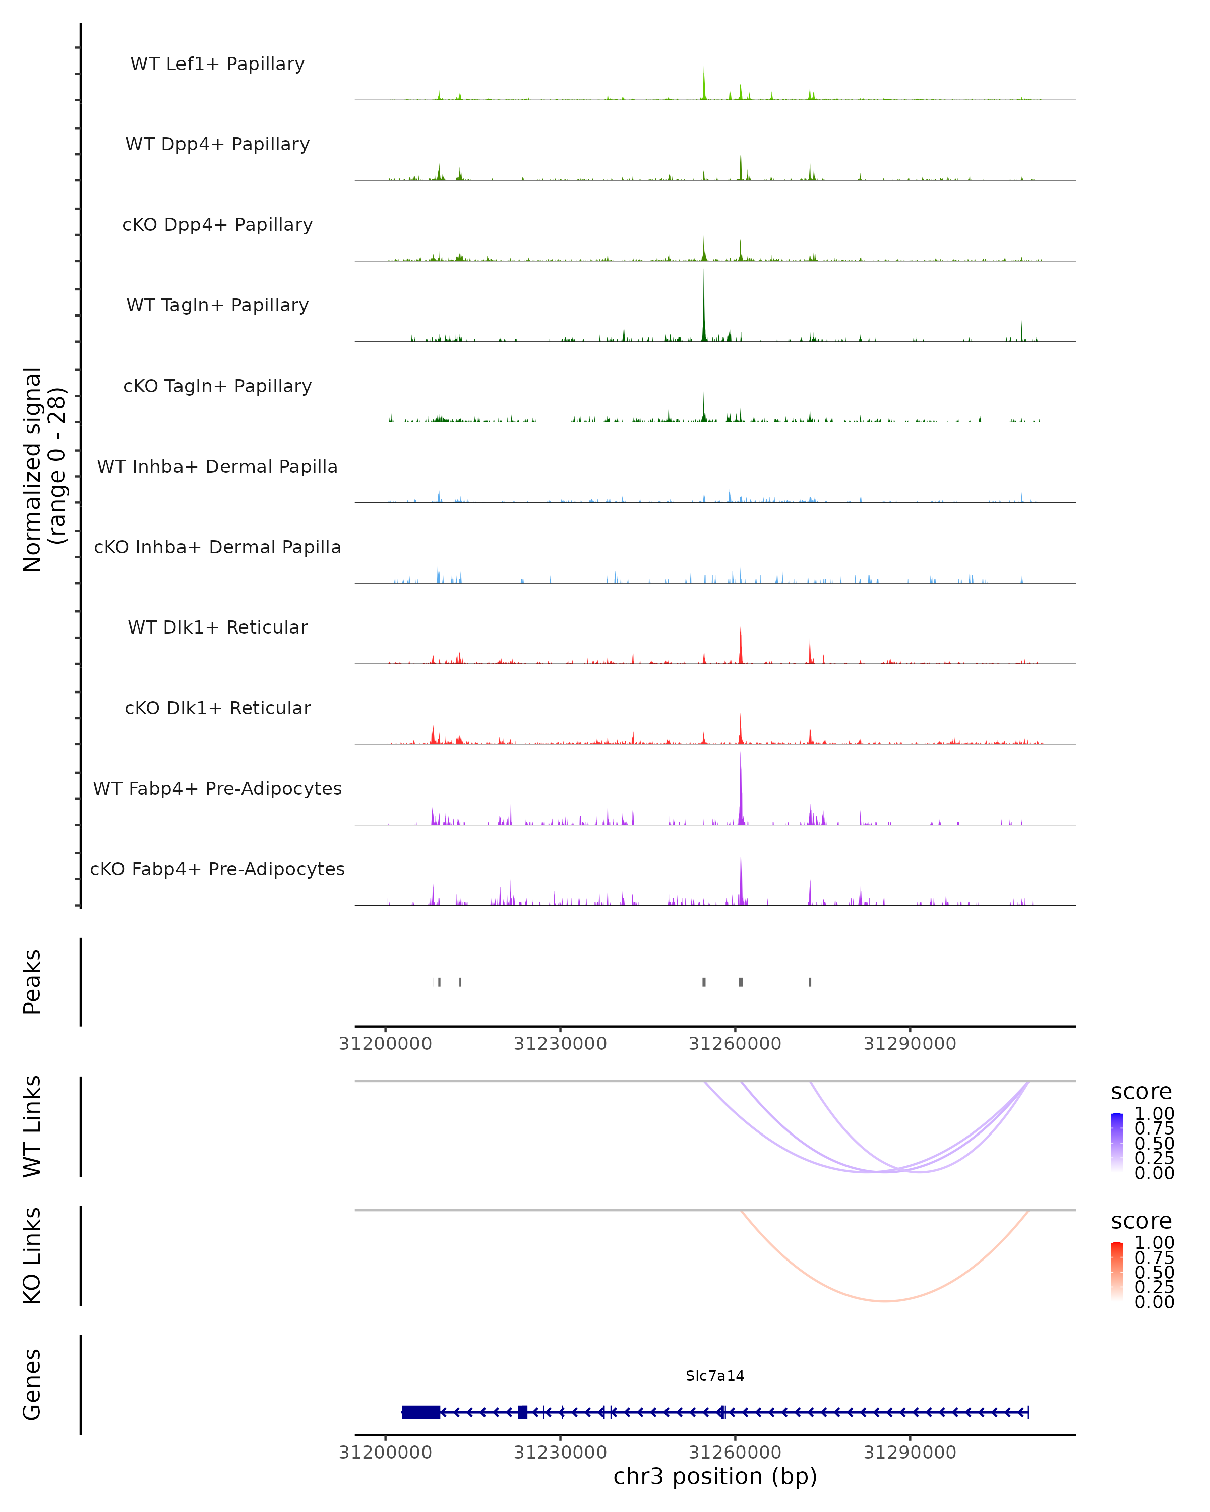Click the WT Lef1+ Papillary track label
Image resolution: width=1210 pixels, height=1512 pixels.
click(217, 64)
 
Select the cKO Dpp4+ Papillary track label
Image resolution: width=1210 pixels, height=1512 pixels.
click(217, 225)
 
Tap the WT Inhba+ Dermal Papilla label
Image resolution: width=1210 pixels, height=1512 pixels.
click(217, 467)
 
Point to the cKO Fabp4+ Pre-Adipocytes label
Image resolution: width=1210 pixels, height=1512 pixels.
click(217, 869)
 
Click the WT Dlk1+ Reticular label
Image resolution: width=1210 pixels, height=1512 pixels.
click(217, 627)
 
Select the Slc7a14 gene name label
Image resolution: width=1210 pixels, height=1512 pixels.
click(715, 1376)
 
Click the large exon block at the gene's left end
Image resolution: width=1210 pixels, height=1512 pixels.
click(421, 1412)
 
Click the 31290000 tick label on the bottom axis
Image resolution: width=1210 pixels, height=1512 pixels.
click(910, 1453)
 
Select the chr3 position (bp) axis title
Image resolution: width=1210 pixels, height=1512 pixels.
click(715, 1477)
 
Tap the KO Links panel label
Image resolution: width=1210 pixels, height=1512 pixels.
click(32, 1256)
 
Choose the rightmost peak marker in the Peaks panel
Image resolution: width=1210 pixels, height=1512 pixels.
click(810, 982)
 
